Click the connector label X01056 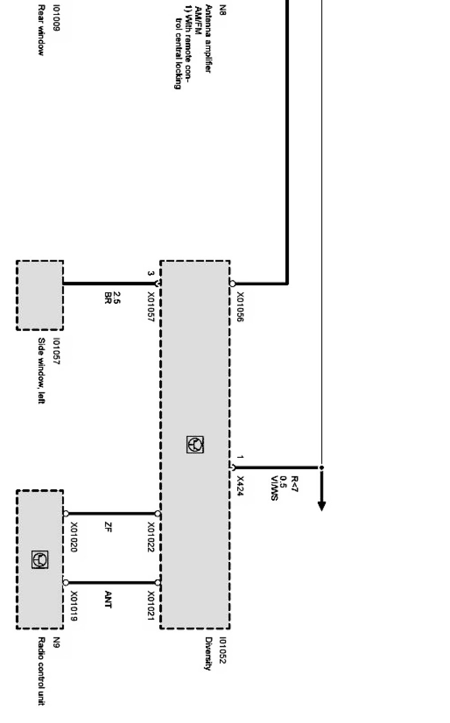(240, 307)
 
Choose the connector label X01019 (74, 606)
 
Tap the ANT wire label (108, 599)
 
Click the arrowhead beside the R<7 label (321, 505)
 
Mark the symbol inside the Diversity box (195, 444)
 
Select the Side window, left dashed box (40, 295)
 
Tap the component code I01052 (223, 650)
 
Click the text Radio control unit (42, 671)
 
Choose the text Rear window (42, 38)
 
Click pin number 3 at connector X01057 (150, 274)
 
